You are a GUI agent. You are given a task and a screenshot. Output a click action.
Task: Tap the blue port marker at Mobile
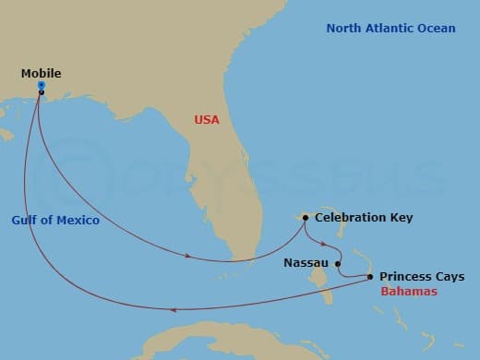(42, 85)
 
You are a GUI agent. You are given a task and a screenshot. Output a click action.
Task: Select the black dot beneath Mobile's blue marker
(42, 92)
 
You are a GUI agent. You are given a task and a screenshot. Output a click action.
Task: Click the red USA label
(208, 119)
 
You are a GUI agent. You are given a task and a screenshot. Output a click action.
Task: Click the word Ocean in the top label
(438, 29)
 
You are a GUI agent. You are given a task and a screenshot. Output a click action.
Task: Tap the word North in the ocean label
(344, 29)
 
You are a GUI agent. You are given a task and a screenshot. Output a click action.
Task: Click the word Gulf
(25, 221)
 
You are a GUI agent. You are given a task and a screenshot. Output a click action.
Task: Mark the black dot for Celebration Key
(305, 219)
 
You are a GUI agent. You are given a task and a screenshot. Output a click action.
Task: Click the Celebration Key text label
(364, 219)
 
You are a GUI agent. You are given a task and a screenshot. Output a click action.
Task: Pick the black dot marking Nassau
(338, 262)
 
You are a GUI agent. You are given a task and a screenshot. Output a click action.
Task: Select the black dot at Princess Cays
(370, 277)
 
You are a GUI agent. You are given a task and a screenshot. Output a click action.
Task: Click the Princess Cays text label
(422, 277)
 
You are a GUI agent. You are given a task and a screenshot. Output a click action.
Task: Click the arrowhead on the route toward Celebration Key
(188, 257)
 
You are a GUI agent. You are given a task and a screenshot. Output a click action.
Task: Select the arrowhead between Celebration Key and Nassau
(321, 245)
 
